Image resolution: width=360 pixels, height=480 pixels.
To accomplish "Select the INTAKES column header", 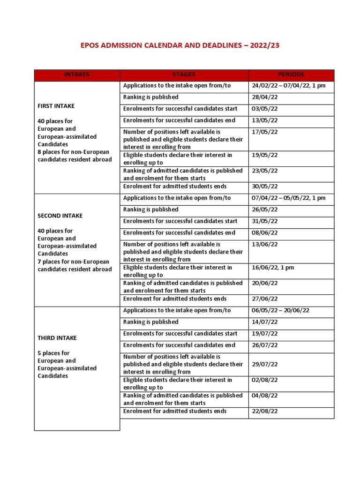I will [x=76, y=75].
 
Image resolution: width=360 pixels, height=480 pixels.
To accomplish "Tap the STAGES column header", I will [x=184, y=75].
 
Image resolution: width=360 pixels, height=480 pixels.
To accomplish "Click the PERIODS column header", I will [x=291, y=75].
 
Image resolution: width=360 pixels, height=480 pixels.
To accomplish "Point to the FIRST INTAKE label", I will [x=56, y=106].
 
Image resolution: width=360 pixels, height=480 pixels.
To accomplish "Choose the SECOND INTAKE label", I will [x=60, y=216].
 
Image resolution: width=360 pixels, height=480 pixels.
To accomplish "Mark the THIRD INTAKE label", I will [x=57, y=338].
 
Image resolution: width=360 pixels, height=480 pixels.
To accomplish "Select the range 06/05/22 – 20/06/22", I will [x=280, y=310].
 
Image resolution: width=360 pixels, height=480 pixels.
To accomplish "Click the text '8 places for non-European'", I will [x=73, y=152].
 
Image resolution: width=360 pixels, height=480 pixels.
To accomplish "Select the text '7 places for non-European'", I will [x=73, y=262].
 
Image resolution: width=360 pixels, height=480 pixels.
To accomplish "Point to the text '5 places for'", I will [x=53, y=353].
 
